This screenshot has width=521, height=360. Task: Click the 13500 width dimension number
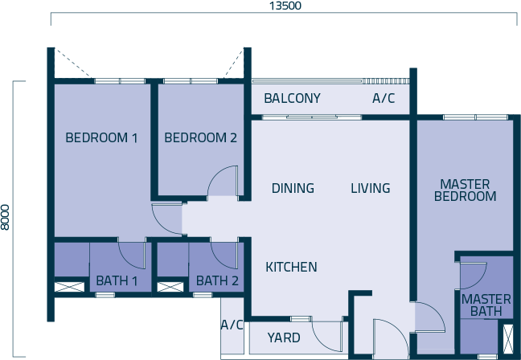(x=285, y=6)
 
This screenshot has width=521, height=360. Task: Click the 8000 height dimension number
(x=5, y=218)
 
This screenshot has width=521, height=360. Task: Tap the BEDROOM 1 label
(x=101, y=137)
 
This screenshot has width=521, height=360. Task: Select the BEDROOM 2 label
(x=201, y=137)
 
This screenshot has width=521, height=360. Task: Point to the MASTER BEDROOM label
(x=466, y=190)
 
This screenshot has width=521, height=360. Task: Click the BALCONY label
(x=293, y=98)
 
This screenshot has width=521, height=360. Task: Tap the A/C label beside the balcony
(x=384, y=98)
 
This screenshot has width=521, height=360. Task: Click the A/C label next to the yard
(x=232, y=325)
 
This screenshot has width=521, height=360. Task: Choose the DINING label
(x=293, y=188)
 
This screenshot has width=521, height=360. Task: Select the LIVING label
(x=371, y=188)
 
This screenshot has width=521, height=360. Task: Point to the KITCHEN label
(x=291, y=267)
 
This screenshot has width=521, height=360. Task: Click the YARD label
(x=284, y=337)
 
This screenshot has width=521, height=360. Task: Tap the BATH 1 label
(x=117, y=281)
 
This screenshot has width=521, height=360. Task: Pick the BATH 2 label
(x=217, y=281)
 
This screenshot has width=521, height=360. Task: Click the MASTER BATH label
(x=486, y=305)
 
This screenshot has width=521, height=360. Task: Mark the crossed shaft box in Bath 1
(x=69, y=287)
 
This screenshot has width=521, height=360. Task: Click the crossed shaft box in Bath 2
(x=170, y=287)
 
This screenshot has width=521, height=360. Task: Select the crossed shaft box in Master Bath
(x=508, y=339)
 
